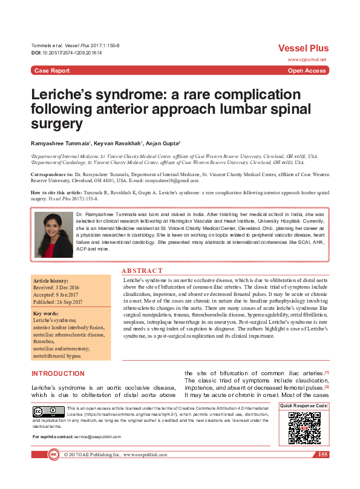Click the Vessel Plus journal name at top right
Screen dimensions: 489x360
[303, 48]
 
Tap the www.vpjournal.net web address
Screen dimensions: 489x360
[307, 60]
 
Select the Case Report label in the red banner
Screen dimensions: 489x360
[51, 71]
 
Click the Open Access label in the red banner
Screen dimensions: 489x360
[307, 71]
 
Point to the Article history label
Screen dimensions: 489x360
[51, 282]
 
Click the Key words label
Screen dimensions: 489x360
[47, 313]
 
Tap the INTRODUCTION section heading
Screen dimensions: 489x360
[58, 373]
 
